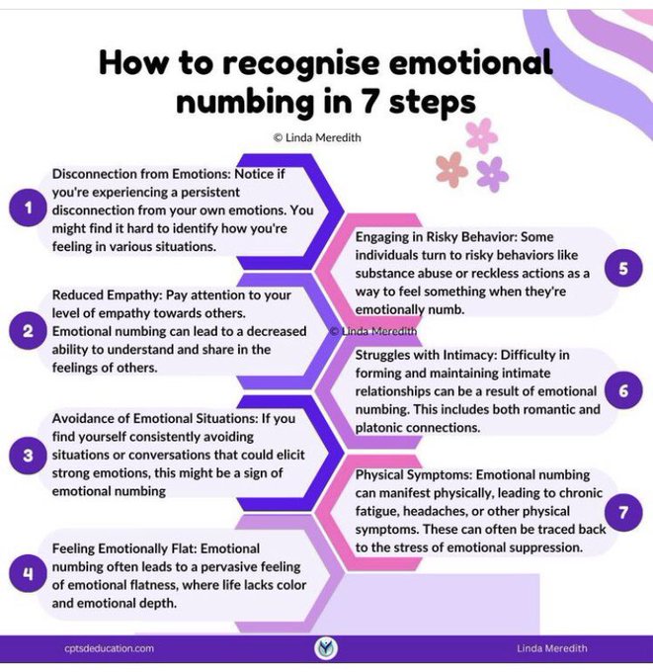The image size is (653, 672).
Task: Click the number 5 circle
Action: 623,268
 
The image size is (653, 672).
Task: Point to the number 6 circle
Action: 623,391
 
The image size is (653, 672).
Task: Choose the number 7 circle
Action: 623,513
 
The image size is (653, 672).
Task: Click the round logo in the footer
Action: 326,648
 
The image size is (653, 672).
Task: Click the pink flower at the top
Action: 482,134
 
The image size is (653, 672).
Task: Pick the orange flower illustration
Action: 451,168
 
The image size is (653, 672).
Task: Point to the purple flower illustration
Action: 491,174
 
